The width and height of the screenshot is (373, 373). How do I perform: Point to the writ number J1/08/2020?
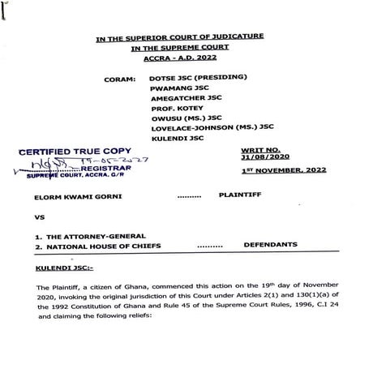264,159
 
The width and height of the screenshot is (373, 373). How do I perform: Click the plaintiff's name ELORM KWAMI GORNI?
72,196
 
